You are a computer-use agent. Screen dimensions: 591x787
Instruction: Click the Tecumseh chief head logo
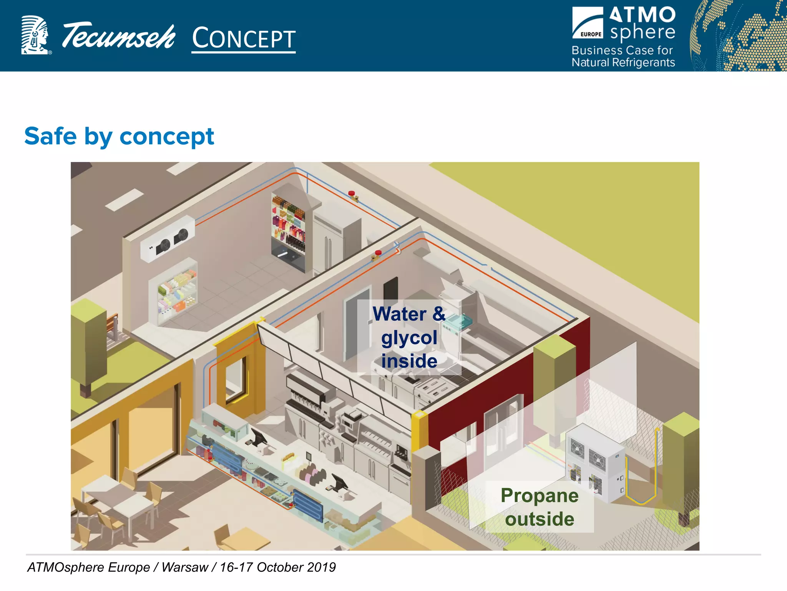pyautogui.click(x=35, y=35)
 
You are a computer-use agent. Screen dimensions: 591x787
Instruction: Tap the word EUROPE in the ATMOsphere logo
pyautogui.click(x=591, y=34)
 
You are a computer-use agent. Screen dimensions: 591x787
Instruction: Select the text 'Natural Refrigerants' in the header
pyautogui.click(x=623, y=62)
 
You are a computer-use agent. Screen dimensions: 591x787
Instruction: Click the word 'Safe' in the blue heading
pyautogui.click(x=50, y=136)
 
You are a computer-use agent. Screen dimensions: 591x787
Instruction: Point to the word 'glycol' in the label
pyautogui.click(x=409, y=338)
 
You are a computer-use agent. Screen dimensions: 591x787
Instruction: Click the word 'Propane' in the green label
pyautogui.click(x=540, y=496)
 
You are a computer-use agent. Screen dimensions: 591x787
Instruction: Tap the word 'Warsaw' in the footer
pyautogui.click(x=184, y=567)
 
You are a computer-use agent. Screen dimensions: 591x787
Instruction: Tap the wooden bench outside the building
pyautogui.click(x=113, y=327)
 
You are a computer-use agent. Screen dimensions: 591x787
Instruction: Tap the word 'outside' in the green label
pyautogui.click(x=540, y=519)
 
